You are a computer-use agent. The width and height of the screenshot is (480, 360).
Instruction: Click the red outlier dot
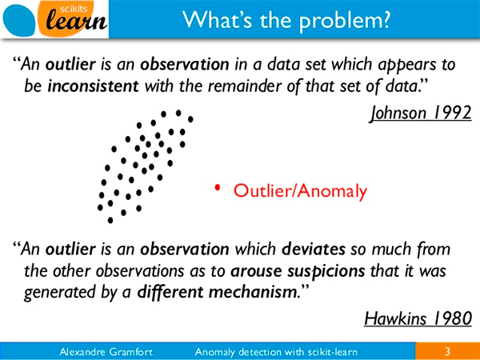tap(217, 187)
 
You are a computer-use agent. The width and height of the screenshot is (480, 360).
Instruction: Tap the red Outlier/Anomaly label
tap(300, 190)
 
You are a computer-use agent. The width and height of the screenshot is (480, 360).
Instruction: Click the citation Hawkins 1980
tap(418, 318)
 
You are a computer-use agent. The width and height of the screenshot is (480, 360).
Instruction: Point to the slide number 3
tap(447, 351)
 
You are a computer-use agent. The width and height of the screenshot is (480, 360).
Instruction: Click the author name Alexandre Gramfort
tap(106, 352)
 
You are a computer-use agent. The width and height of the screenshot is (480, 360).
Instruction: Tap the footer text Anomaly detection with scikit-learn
tap(276, 352)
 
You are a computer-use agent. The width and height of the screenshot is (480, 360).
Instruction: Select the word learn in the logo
tap(77, 21)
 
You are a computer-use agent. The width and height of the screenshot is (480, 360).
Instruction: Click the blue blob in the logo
tap(19, 21)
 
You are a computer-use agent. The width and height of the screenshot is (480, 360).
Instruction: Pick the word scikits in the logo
tap(76, 9)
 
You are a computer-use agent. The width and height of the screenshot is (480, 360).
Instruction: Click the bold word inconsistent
tap(94, 86)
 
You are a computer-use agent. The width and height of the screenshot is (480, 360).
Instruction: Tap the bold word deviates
tap(314, 249)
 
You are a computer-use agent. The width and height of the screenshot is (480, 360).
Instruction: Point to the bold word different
tap(170, 292)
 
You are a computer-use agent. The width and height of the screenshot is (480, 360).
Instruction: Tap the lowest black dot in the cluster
tap(110, 220)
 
